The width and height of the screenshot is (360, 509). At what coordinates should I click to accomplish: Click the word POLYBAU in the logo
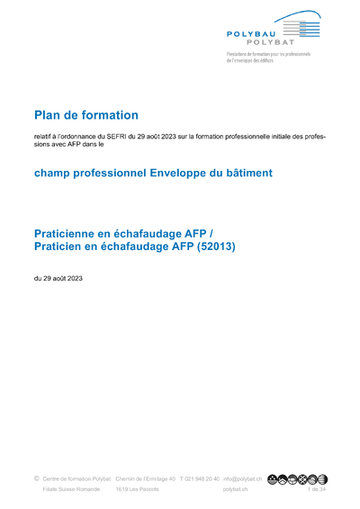247,32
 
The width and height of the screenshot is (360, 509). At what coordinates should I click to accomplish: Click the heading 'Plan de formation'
86,115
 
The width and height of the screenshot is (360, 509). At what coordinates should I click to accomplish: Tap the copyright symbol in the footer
36,478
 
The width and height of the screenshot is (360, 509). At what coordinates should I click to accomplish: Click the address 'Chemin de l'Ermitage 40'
146,479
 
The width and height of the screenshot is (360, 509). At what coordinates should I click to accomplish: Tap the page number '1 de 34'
317,490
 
